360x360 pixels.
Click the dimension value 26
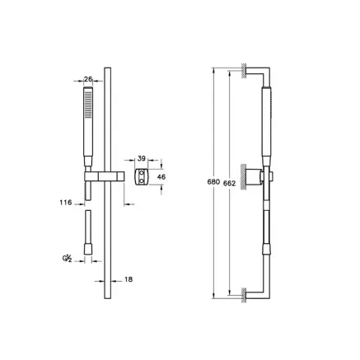point(89,79)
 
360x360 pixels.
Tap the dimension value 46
point(161,176)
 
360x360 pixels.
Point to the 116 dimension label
point(66,200)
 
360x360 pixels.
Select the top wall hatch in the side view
point(245,72)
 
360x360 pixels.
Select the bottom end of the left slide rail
point(107,298)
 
